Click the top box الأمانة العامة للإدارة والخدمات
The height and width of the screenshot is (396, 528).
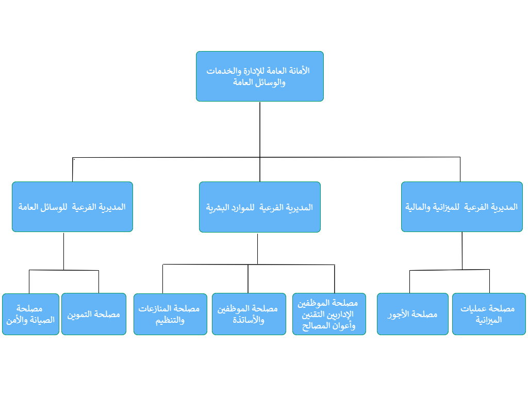coord(260,76)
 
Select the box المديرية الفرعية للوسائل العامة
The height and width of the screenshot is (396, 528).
coord(72,207)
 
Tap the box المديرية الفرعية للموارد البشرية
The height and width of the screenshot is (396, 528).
coord(260,207)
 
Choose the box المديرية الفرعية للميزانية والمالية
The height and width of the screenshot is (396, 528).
coord(461,207)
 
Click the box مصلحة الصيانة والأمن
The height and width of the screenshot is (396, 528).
coord(30,314)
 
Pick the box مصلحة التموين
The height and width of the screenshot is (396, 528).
coord(94,314)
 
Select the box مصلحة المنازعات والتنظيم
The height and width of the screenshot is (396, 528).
coord(170,314)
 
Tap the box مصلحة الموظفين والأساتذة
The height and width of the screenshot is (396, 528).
coord(249,314)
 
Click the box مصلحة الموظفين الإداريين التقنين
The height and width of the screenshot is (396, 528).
coord(329,314)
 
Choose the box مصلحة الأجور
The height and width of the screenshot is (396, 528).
coord(412,314)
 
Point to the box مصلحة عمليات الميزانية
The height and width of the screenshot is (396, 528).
coord(489,314)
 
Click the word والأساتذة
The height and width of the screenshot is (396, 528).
coord(249,320)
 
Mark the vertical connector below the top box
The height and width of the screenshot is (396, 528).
coord(260,142)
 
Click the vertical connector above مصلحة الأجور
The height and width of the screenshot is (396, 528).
coord(409,282)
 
